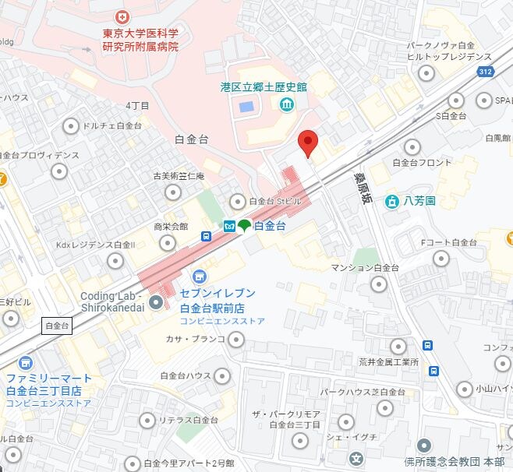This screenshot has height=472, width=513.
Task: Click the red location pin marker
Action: (x=309, y=142)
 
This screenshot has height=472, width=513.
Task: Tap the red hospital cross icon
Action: (x=122, y=16)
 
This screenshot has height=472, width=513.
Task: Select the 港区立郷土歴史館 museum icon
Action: (x=286, y=104)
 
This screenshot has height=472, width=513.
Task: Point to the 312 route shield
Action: (x=485, y=72)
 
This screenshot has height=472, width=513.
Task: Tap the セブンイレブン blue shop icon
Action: (x=200, y=277)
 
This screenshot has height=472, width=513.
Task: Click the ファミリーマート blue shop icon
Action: (x=27, y=363)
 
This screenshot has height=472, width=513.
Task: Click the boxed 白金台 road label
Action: (x=58, y=326)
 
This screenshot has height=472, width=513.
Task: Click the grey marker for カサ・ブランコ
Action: (x=237, y=339)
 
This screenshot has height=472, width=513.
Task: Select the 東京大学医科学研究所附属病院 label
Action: (x=140, y=40)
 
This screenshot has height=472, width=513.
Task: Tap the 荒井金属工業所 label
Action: (x=390, y=363)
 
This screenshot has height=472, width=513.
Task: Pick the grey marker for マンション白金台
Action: (x=379, y=284)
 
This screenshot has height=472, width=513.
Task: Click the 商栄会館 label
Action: (x=171, y=227)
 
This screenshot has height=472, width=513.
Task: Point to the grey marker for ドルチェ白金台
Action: (x=70, y=125)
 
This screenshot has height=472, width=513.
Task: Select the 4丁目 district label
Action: (x=136, y=105)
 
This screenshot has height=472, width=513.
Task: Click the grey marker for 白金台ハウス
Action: (x=223, y=376)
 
